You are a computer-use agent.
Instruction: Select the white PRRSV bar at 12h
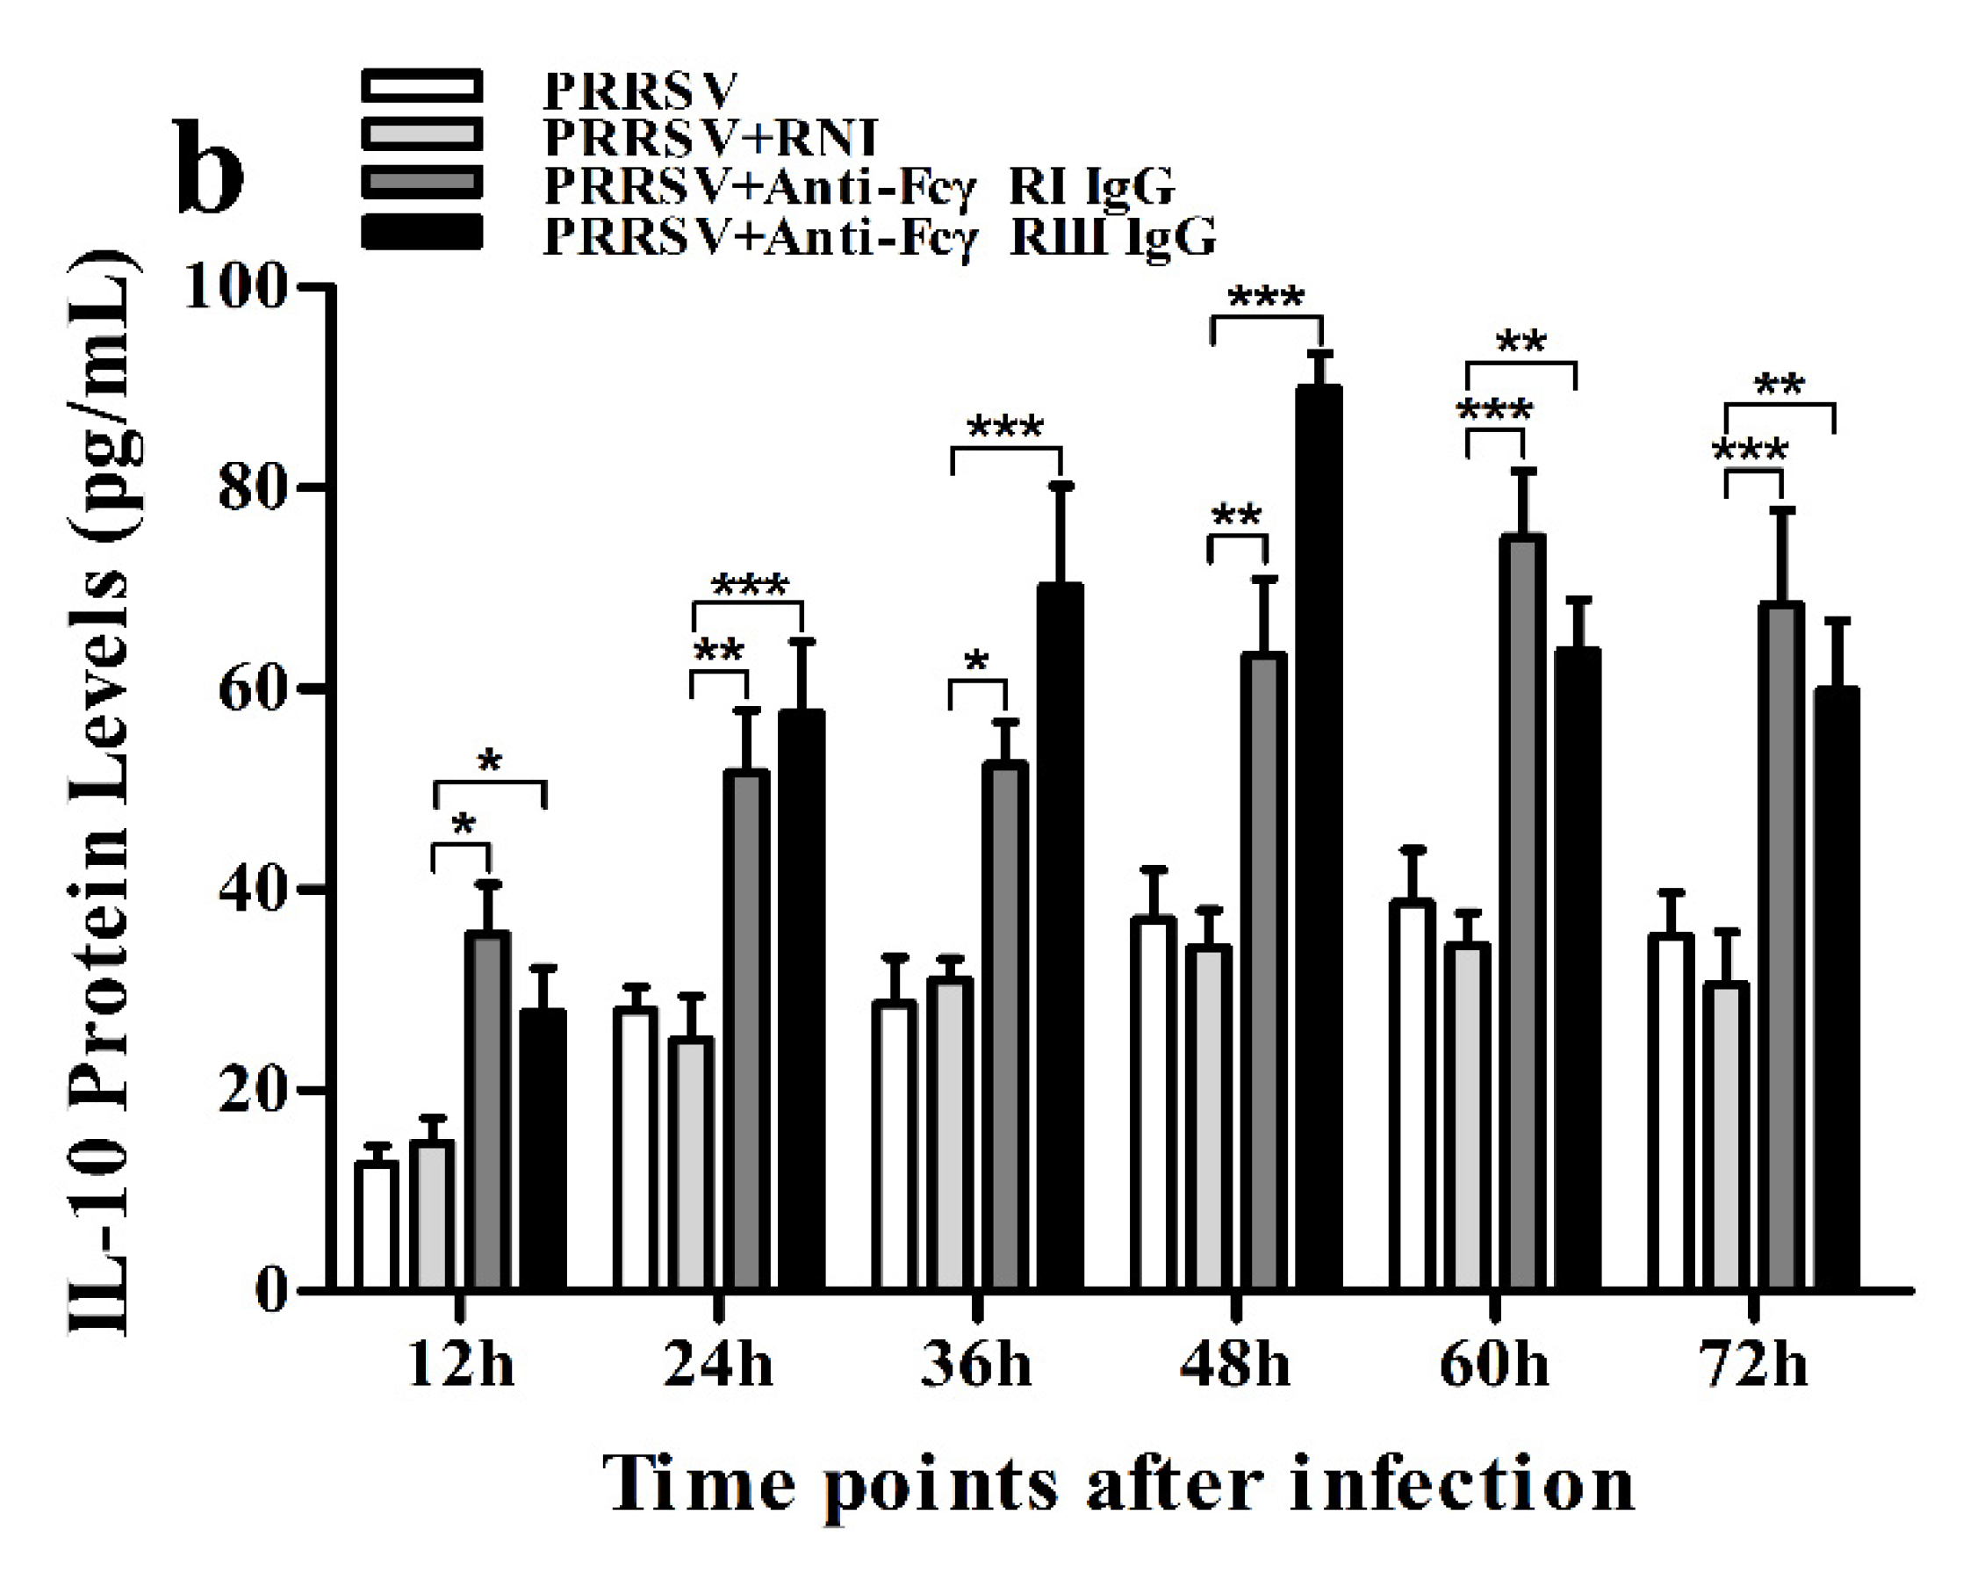click(377, 1225)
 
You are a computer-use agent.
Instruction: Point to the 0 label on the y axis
click(271, 1292)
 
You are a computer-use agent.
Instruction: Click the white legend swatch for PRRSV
click(421, 86)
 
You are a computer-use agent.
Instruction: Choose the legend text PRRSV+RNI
click(709, 138)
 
